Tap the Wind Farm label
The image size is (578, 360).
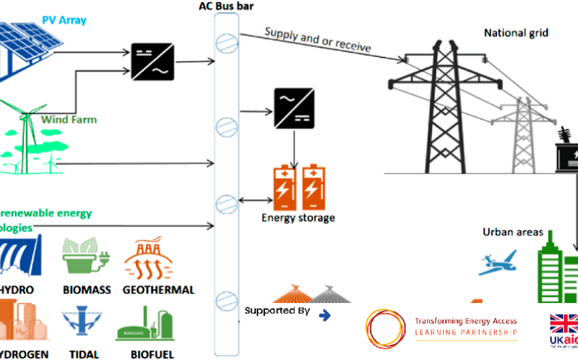[68, 119]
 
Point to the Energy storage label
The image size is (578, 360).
[298, 218]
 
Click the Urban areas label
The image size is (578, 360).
[513, 232]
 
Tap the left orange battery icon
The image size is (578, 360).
[284, 187]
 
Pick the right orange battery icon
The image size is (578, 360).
[313, 187]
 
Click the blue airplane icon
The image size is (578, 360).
[496, 262]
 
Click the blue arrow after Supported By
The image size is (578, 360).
[325, 314]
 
